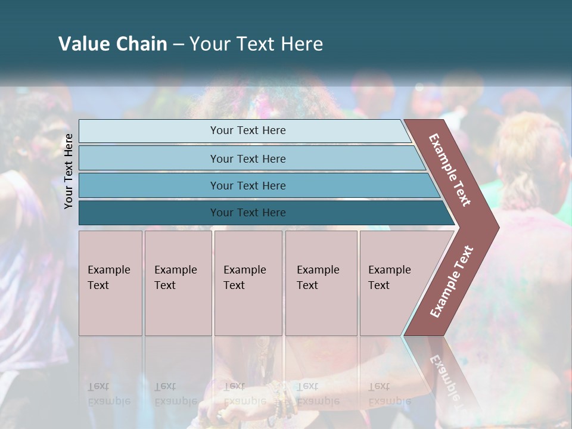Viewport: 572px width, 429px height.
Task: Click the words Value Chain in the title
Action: click(113, 43)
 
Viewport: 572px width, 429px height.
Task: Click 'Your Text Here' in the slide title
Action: click(256, 43)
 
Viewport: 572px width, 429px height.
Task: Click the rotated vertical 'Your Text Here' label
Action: click(69, 172)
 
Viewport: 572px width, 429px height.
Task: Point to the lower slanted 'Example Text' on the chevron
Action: click(452, 282)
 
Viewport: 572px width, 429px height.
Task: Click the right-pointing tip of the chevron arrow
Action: click(496, 227)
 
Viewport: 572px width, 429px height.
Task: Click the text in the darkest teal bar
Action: click(248, 213)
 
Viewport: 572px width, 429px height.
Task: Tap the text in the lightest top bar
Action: click(248, 130)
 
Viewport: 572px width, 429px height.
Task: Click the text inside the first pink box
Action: click(108, 278)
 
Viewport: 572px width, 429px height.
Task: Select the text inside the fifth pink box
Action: click(389, 278)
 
